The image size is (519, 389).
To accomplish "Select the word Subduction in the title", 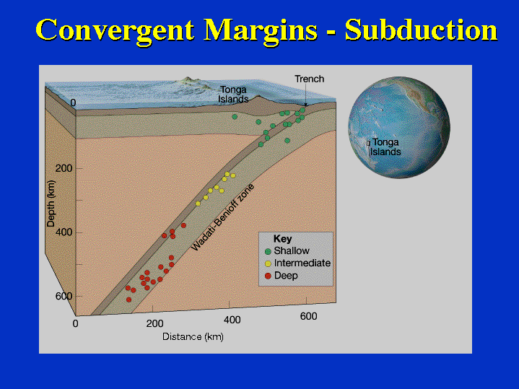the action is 421,30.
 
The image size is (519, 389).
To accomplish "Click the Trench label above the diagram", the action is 310,79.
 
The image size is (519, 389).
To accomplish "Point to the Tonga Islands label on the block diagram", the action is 233,95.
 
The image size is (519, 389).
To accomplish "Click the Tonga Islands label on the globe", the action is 385,147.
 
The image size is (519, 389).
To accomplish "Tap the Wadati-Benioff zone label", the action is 222,217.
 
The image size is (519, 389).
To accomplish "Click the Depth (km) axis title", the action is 51,204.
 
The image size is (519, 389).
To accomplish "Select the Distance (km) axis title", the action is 193,337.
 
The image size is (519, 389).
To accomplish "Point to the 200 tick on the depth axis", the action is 64,168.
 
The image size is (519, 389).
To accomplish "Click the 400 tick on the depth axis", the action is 64,232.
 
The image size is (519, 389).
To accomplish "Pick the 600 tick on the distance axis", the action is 308,316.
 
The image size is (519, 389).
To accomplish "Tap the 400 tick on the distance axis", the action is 232,320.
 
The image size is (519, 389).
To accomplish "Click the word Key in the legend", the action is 282,239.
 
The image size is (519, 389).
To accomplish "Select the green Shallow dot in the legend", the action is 268,251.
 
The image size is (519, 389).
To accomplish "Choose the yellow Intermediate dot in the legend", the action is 268,263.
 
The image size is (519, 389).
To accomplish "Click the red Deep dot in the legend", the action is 268,276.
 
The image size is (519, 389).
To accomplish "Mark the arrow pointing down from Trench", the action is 306,95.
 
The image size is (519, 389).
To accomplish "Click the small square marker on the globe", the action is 368,144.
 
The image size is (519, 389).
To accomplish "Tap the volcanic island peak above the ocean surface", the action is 188,80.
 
